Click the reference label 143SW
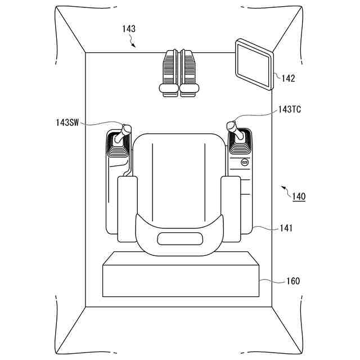click(67, 123)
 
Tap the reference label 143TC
click(290, 110)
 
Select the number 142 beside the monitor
click(288, 78)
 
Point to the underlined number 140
click(299, 196)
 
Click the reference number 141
click(286, 228)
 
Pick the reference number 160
click(293, 281)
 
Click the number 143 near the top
click(129, 29)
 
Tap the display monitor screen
click(254, 64)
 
